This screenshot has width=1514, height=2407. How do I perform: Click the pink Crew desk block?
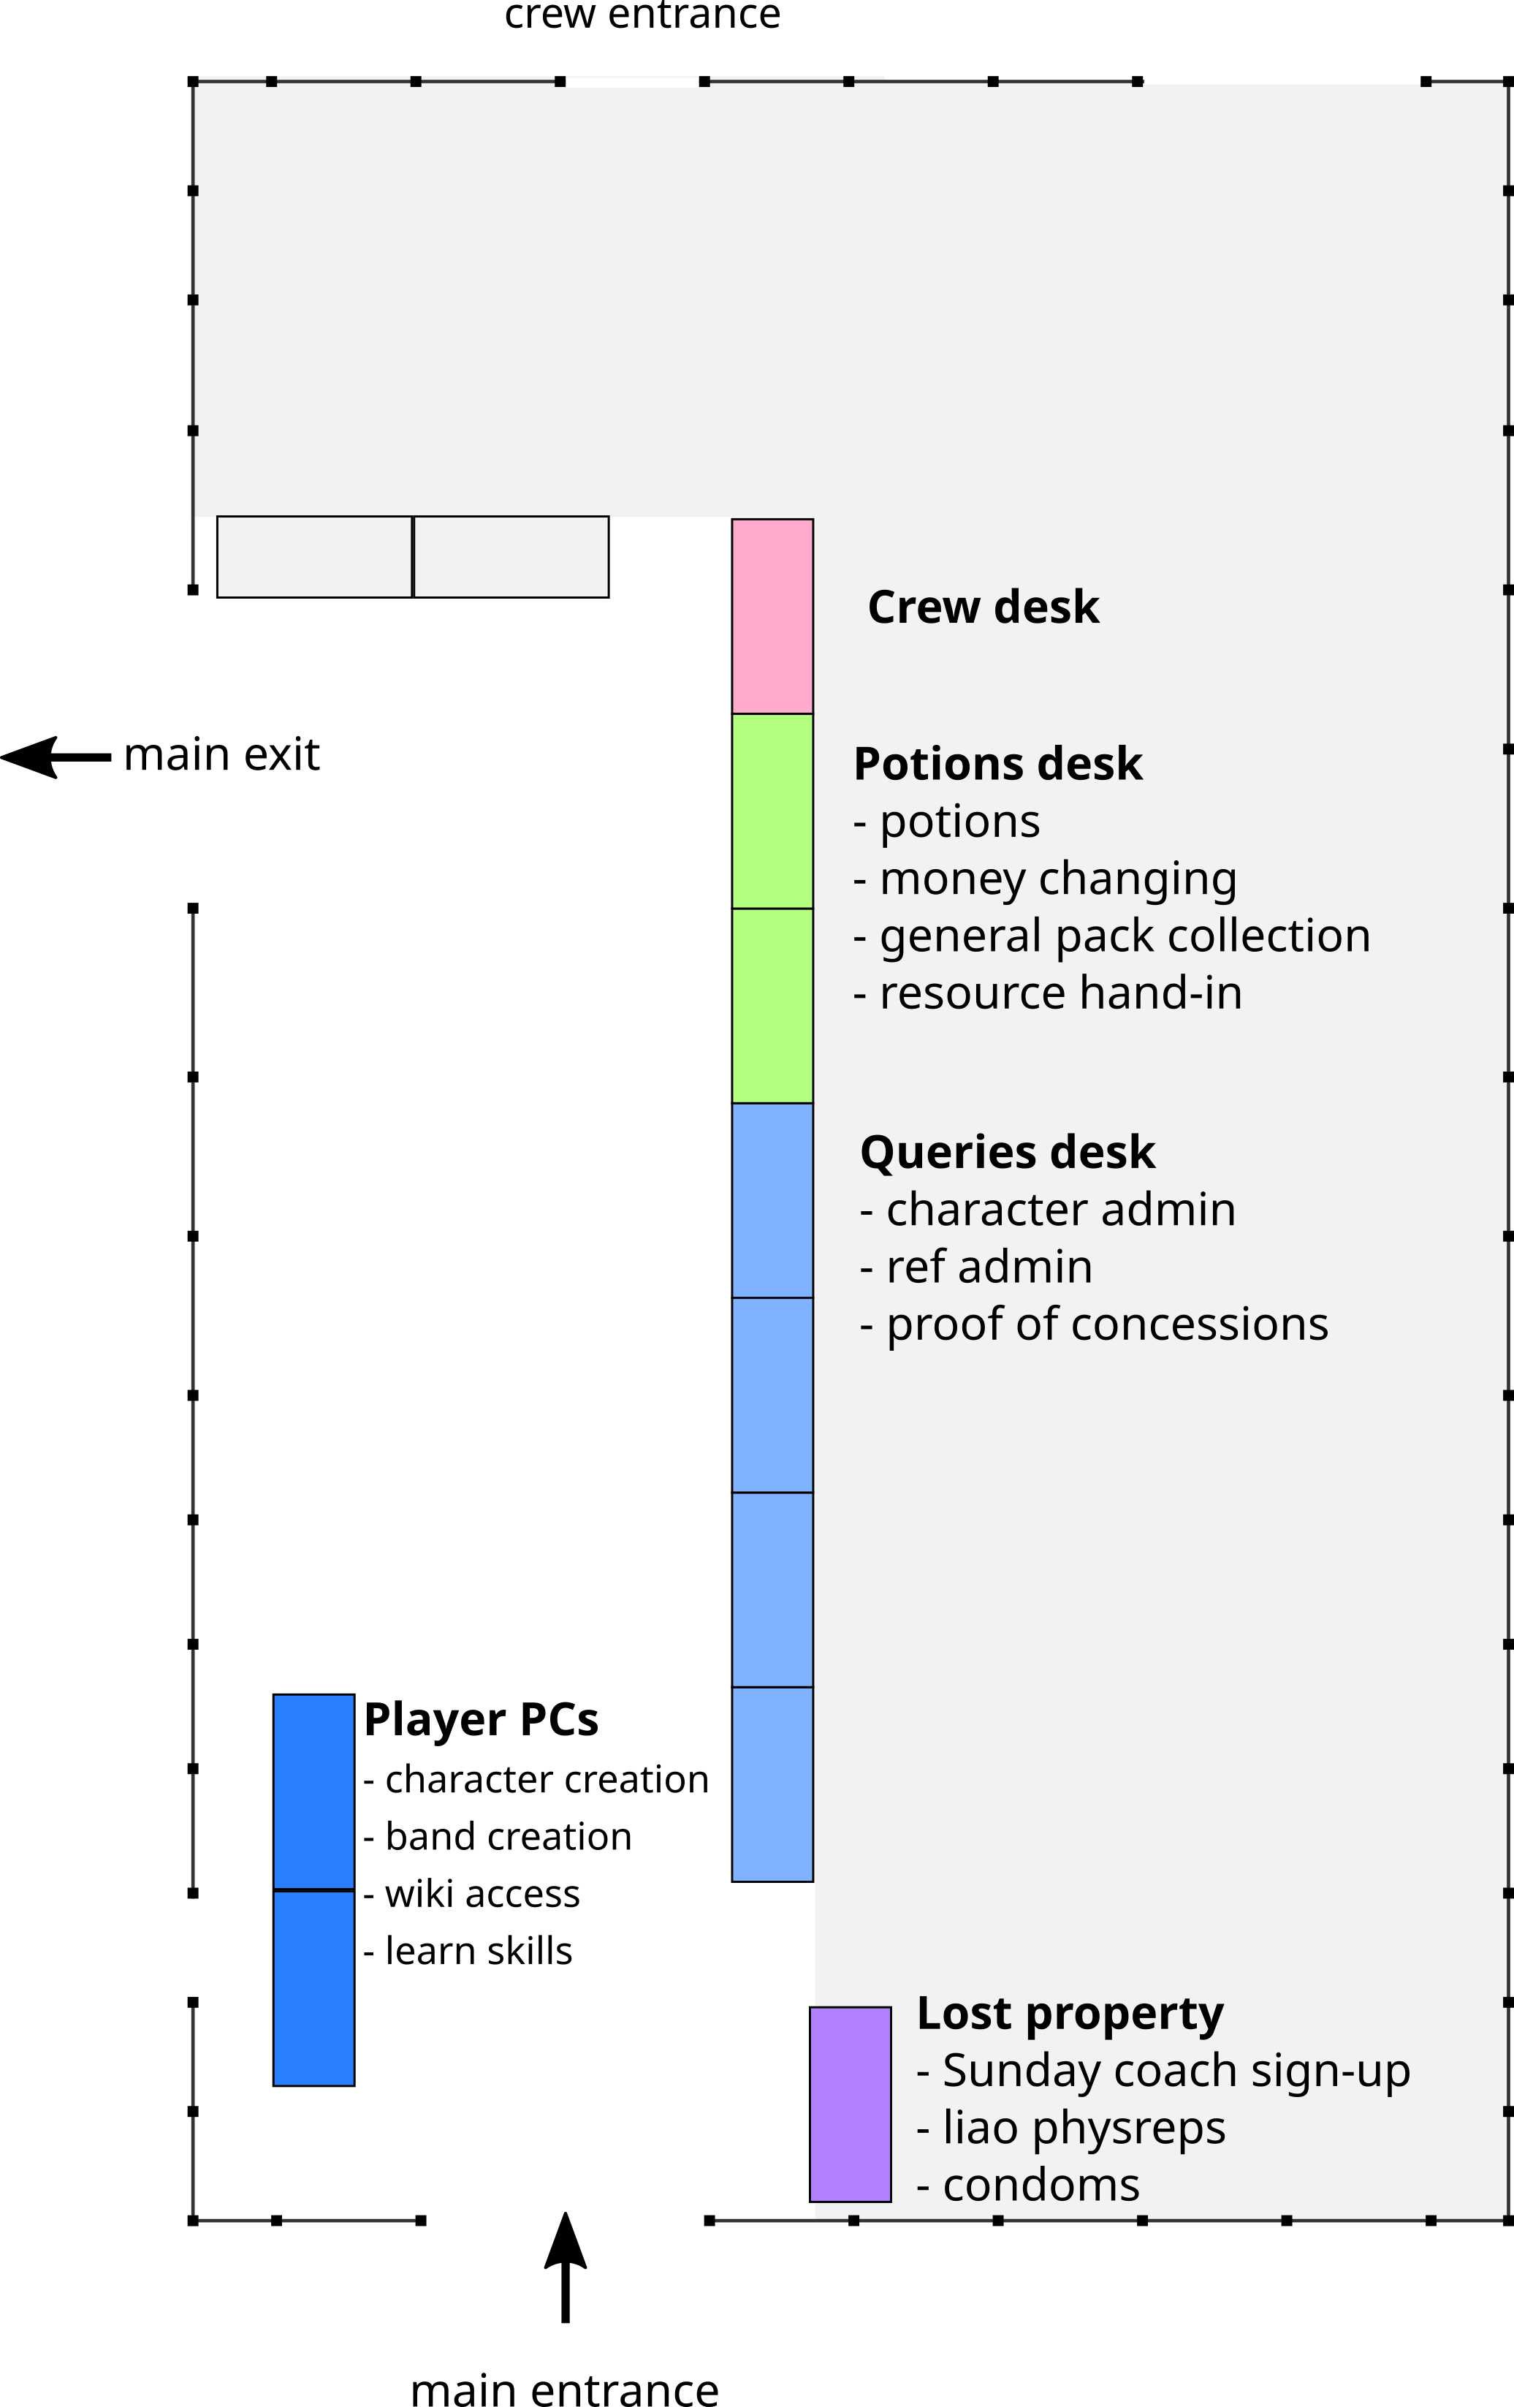(772, 615)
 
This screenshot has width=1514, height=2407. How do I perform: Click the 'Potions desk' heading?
(997, 764)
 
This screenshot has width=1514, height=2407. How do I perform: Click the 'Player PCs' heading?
(481, 1719)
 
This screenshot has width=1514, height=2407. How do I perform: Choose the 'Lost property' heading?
(1069, 2013)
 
